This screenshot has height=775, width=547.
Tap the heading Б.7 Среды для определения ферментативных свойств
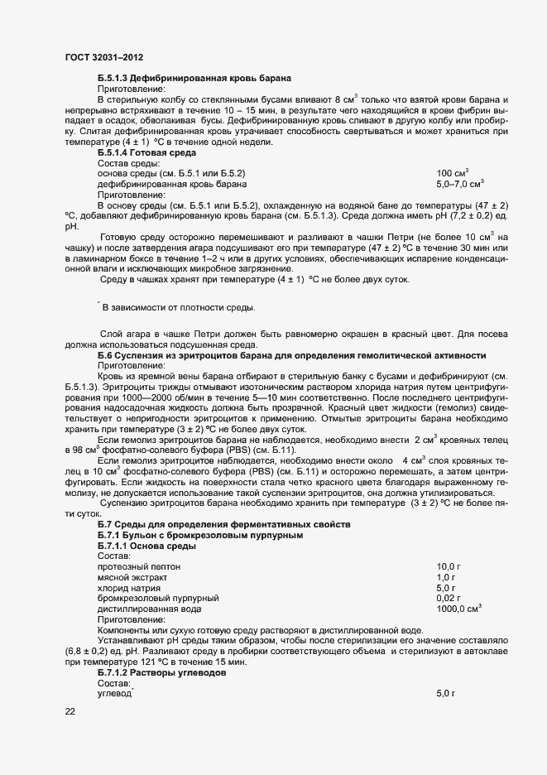pyautogui.click(x=224, y=525)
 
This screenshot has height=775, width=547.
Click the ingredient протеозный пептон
pyautogui.click(x=135, y=566)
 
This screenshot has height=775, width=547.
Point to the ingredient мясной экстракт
pyautogui.click(x=132, y=576)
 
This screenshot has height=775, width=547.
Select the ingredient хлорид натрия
pyautogui.click(x=129, y=587)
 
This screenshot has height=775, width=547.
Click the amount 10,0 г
pyautogui.click(x=448, y=566)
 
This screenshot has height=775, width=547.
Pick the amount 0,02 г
pyautogui.click(x=448, y=598)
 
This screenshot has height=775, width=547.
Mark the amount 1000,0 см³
pyautogui.click(x=459, y=608)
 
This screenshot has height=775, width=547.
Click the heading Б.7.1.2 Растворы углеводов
pyautogui.click(x=169, y=672)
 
